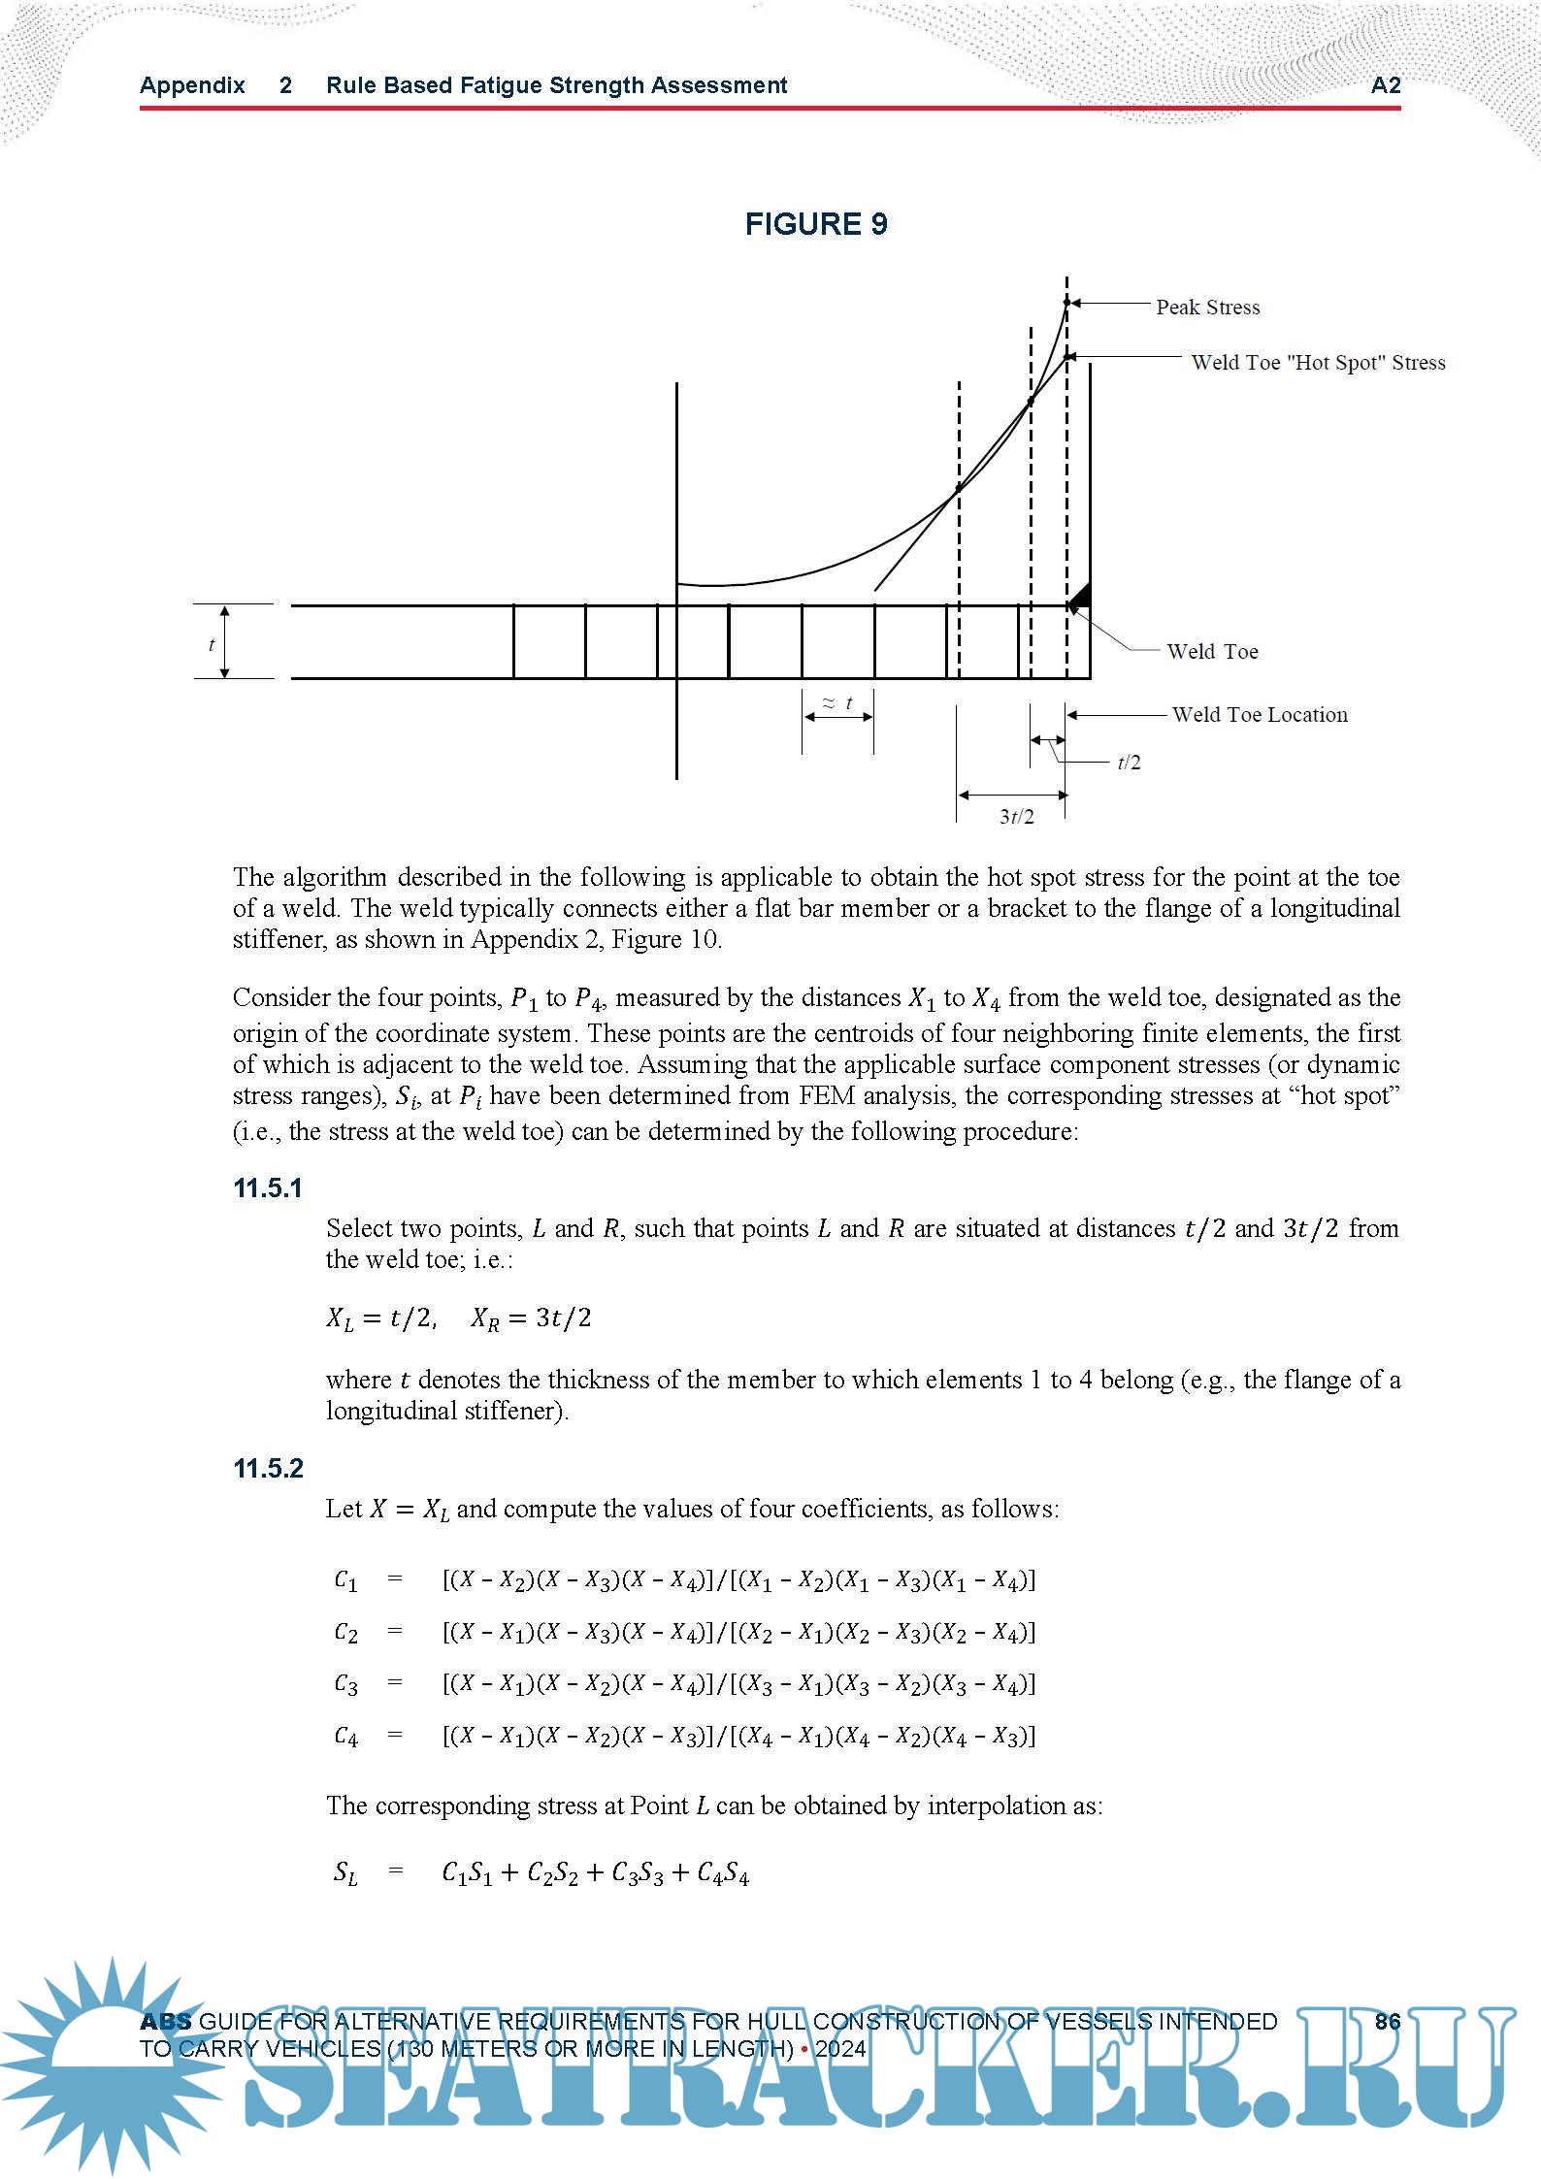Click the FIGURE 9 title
(x=816, y=224)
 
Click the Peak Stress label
(x=1207, y=308)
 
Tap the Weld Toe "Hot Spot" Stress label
(x=1318, y=363)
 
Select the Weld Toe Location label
(x=1259, y=715)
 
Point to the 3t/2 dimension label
(x=1016, y=817)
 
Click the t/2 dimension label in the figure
(x=1129, y=763)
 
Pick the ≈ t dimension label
(x=837, y=702)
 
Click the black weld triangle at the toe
(x=1080, y=596)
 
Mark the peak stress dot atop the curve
(x=1066, y=304)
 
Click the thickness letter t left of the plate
(x=212, y=644)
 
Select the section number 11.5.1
(x=268, y=1188)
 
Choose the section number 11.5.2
(x=268, y=1469)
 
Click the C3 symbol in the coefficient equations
(x=345, y=1684)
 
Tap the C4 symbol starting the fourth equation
(x=345, y=1736)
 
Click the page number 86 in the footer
(x=1388, y=2021)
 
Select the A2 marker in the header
(x=1386, y=85)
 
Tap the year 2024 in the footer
(x=840, y=2049)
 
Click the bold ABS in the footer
(x=166, y=2022)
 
